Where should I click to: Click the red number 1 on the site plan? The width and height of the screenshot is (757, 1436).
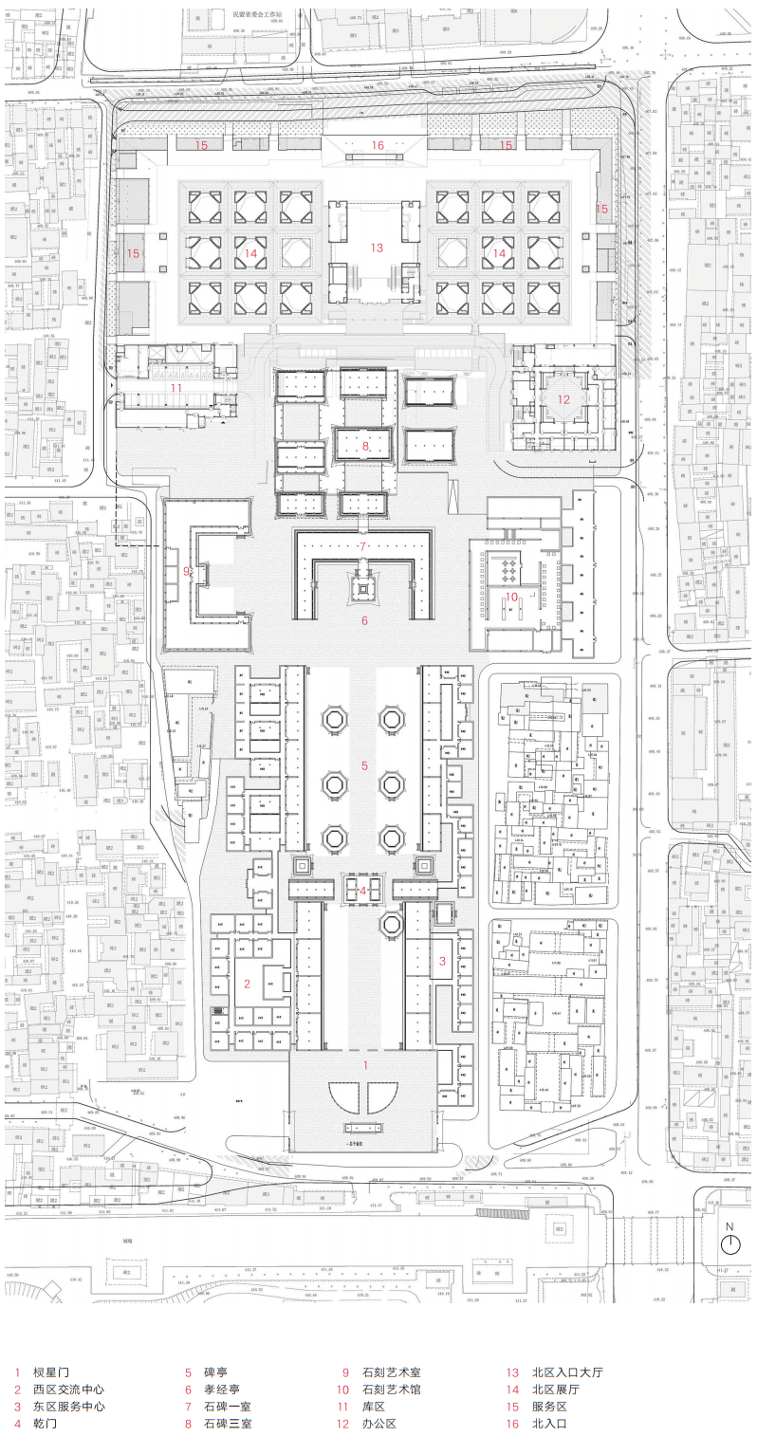point(366,1065)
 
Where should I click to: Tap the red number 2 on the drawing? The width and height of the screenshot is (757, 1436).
point(247,983)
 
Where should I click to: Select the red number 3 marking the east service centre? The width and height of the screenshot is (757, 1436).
point(442,961)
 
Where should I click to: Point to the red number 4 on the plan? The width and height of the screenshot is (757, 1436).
point(362,891)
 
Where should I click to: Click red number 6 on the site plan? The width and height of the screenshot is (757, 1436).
point(363,621)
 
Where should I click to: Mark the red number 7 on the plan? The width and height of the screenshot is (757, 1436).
point(362,546)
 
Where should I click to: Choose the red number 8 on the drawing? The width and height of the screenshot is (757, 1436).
point(363,444)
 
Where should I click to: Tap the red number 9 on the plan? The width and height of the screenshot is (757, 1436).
point(187,571)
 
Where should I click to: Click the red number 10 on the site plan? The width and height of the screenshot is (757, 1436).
point(510,596)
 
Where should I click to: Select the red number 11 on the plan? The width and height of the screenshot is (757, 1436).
point(175,387)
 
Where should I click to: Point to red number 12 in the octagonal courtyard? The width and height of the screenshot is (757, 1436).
point(563,399)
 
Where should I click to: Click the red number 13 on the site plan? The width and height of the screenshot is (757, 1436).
point(377,248)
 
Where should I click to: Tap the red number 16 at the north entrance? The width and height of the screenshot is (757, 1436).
point(377,145)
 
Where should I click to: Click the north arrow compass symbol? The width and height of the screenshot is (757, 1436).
point(729,1240)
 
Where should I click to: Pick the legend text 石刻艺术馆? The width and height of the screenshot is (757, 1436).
point(391,1389)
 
